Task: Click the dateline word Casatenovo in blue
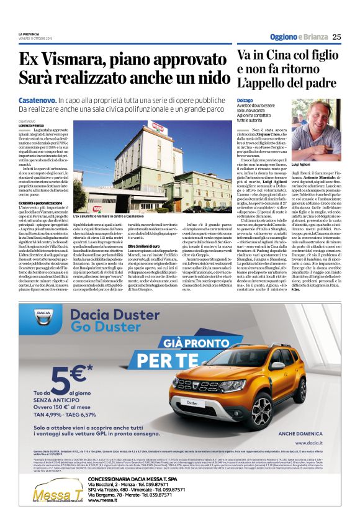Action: [x=36, y=100]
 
